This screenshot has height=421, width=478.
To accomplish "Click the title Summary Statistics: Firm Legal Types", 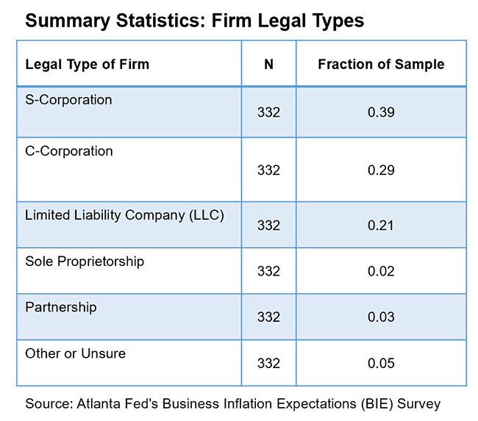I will (x=194, y=21).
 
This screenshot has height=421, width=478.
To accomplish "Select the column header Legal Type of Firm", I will (x=87, y=64).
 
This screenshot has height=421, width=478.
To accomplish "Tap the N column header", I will (x=268, y=64).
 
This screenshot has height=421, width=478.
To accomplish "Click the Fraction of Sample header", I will (x=381, y=64).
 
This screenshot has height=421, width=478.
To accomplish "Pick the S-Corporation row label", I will (x=68, y=99).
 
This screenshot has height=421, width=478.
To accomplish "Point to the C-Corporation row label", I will (x=69, y=151).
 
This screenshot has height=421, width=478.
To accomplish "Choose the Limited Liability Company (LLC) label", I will (x=124, y=215).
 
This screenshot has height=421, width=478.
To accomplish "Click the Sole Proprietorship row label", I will (x=85, y=261).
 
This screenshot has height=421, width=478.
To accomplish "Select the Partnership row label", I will (x=60, y=306).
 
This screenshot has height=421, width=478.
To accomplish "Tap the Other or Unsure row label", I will (x=75, y=353).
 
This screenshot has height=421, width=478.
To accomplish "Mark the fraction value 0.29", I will (x=381, y=170).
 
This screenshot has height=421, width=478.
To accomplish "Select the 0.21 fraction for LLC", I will (x=381, y=226).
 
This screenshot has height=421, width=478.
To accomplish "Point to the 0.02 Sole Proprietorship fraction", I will (x=381, y=271).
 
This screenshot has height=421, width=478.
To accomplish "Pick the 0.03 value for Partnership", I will (x=381, y=317).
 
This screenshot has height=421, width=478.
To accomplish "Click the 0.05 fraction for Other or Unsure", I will (x=381, y=363).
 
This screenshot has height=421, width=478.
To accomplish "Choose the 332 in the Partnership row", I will (x=268, y=317).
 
